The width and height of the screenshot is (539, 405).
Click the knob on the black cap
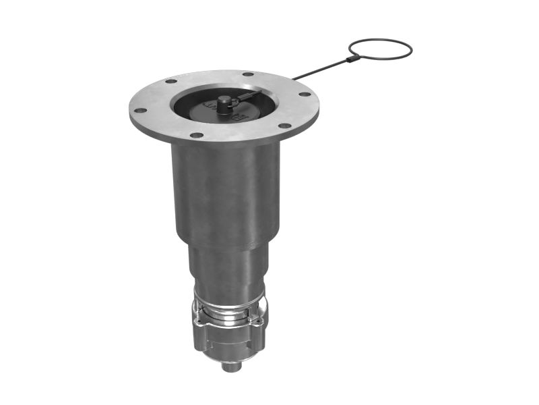click(224, 102)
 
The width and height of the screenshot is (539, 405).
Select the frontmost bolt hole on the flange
click(196, 135)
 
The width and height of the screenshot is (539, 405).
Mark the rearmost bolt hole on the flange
click(248, 74)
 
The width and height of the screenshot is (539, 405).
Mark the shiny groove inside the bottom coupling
click(229, 312)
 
